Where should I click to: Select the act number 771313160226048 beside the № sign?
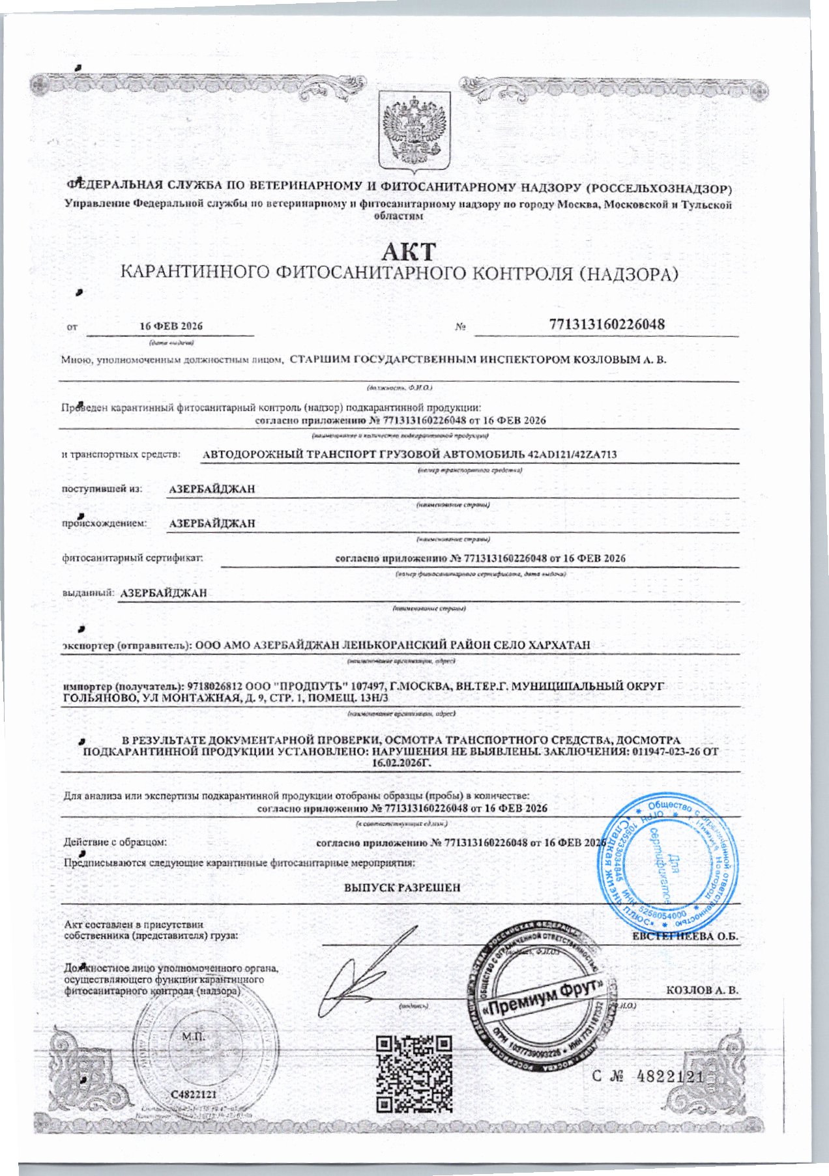point(607,324)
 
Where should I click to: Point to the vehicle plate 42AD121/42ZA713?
point(573,454)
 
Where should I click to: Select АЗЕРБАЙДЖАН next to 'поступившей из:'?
point(212,489)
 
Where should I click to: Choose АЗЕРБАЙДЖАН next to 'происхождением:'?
point(212,523)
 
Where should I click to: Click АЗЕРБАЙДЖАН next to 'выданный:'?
point(164,593)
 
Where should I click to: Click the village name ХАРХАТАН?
point(560,644)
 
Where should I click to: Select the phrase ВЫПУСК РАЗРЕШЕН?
point(402,887)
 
